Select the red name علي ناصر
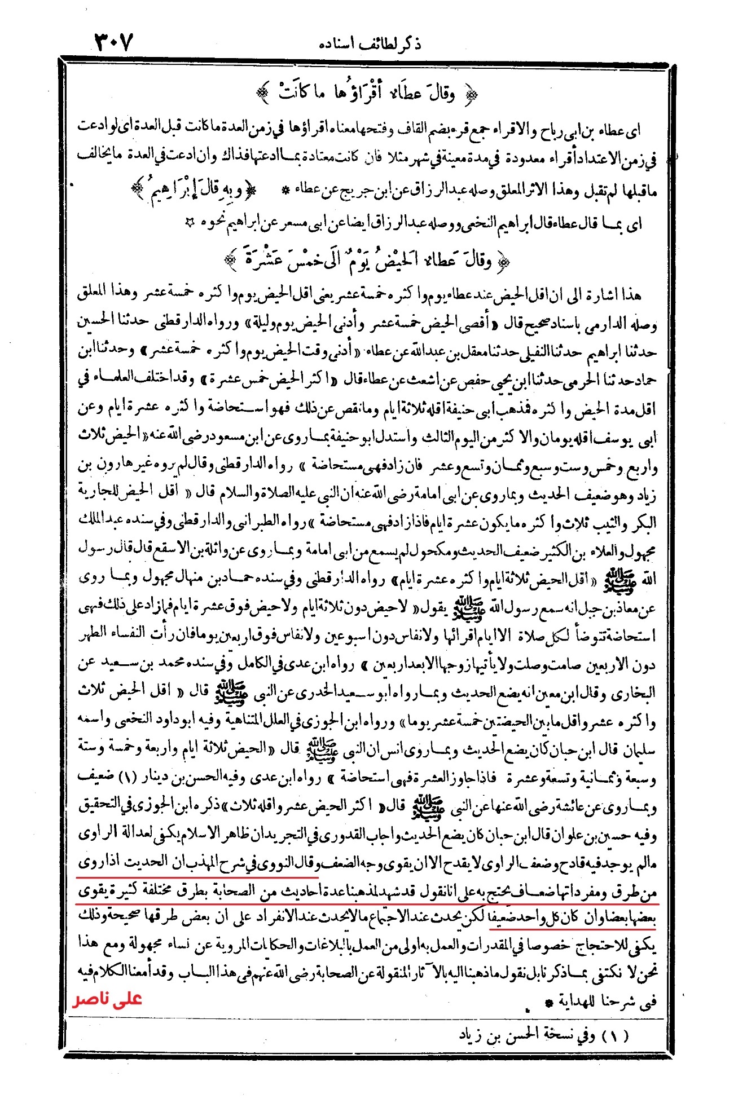(x=107, y=999)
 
